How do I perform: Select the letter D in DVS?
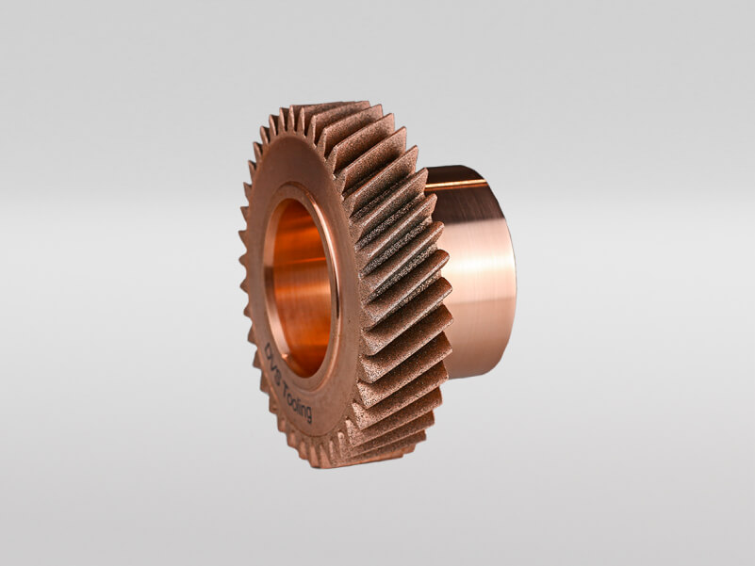click(x=268, y=351)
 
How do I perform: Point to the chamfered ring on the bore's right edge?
click(x=334, y=283)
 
